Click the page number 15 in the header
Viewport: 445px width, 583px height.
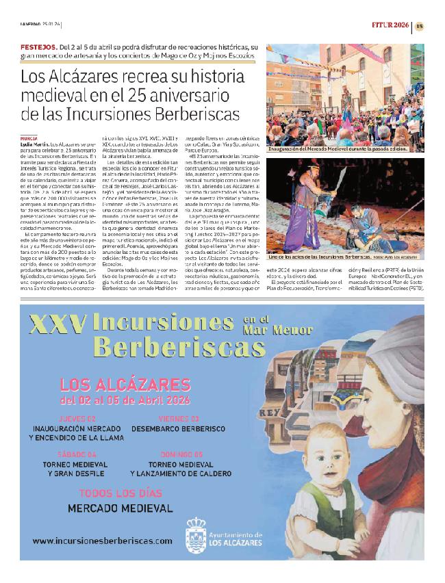(419, 26)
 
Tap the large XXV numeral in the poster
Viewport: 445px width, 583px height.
(55, 324)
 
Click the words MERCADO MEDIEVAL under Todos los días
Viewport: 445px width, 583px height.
(120, 508)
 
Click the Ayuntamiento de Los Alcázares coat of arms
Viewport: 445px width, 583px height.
(195, 532)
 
